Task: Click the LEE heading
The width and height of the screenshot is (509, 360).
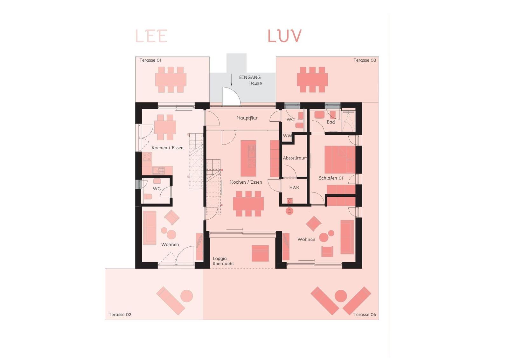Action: (151, 36)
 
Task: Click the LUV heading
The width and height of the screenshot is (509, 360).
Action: (284, 36)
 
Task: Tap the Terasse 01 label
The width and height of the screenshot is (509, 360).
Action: (150, 60)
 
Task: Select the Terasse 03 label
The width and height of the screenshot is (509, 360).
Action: (365, 60)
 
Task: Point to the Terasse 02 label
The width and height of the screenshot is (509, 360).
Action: (120, 314)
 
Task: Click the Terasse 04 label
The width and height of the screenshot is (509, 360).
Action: (365, 314)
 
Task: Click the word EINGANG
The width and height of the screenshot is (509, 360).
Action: (250, 77)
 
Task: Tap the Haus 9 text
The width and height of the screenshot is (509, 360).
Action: (256, 83)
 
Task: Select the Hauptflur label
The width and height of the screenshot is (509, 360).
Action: (247, 118)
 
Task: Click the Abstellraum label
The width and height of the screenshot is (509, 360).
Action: (295, 158)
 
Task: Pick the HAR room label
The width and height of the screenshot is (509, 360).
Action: (294, 187)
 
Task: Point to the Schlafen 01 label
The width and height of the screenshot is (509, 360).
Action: (331, 178)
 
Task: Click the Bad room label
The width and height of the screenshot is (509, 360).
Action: (331, 122)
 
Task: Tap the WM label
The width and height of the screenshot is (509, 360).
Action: (287, 136)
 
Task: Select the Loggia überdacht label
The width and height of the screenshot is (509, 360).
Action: (223, 261)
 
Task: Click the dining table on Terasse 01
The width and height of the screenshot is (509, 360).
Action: (171, 80)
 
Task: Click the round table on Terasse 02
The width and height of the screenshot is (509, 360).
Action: (187, 296)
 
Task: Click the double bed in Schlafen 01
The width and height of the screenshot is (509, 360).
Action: (340, 159)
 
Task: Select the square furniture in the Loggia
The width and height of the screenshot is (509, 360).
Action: (260, 253)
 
